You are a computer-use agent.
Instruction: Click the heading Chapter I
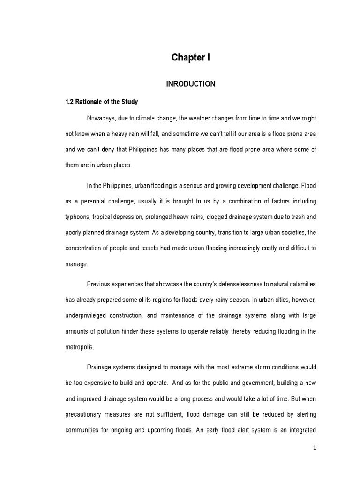[x=190, y=58]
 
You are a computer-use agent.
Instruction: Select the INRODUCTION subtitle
[x=190, y=84]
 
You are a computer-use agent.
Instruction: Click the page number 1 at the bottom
[x=315, y=448]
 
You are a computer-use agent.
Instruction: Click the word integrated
[x=300, y=430]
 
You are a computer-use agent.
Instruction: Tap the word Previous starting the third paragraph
[x=99, y=284]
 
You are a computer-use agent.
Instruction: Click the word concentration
[x=84, y=249]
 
